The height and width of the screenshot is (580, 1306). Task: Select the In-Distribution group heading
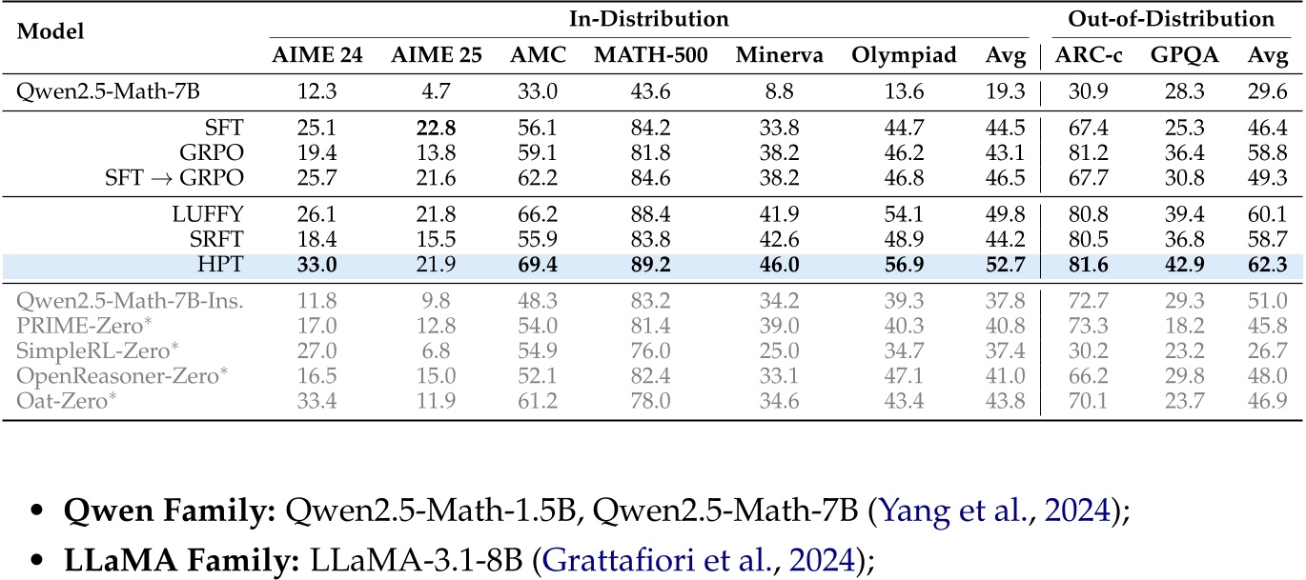point(649,18)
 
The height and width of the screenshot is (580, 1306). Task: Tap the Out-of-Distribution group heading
point(1171,18)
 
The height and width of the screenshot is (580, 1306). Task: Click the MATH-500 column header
point(651,55)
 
